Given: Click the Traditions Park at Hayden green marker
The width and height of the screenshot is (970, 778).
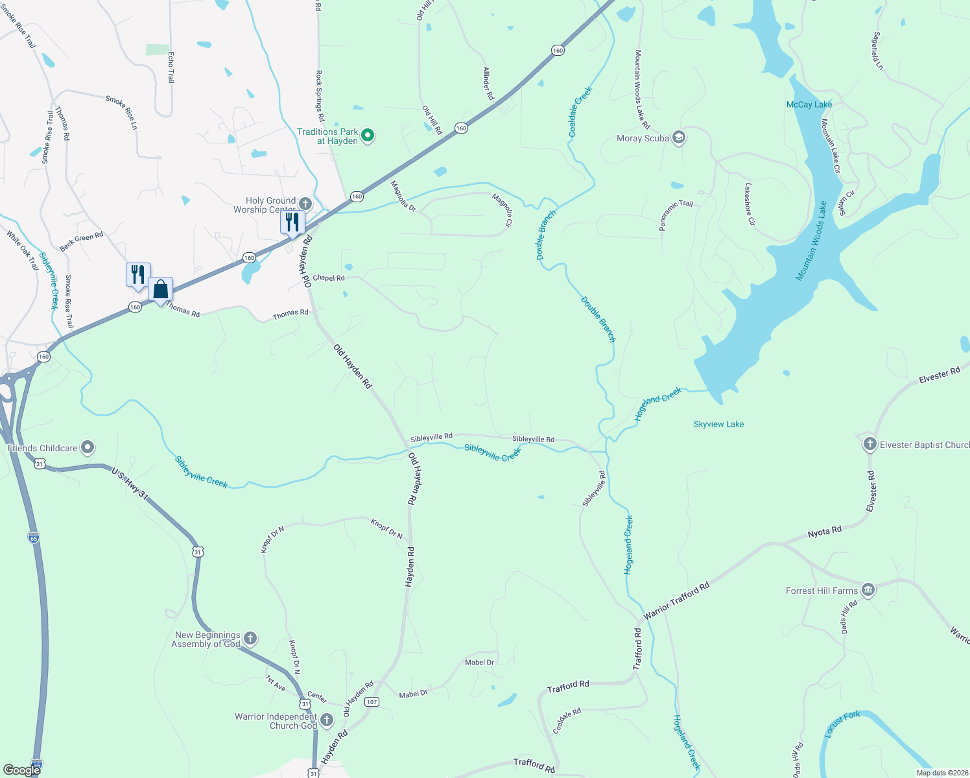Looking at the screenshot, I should point(368,136).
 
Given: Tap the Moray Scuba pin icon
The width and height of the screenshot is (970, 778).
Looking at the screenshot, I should point(679,137).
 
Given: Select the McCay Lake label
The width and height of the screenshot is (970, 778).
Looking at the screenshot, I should point(809,104).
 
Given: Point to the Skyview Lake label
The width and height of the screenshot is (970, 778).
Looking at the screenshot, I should point(718,424).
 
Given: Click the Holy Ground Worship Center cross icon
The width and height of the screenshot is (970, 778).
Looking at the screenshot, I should point(305,204).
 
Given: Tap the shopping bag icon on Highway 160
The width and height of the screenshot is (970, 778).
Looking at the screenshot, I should point(161,290).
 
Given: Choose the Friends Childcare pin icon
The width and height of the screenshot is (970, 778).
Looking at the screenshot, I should point(88,447).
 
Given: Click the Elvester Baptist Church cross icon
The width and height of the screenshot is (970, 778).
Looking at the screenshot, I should point(869,444).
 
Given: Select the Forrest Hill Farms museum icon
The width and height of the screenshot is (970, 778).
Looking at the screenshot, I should point(868,590).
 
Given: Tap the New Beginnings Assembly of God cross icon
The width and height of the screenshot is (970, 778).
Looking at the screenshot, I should point(250,639).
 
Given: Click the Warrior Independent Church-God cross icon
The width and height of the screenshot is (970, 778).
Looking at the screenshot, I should point(327,720).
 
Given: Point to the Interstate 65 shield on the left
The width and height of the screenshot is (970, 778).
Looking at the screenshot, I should point(34,537).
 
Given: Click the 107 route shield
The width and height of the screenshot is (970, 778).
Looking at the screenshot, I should point(372,701).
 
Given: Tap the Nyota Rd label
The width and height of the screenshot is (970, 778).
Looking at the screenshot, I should point(824,532).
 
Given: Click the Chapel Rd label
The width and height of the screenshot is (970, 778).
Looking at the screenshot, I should point(329,277).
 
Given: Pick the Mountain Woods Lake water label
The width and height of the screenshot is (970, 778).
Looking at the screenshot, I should point(811,241).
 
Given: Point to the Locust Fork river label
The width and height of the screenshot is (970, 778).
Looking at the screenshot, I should point(842,724).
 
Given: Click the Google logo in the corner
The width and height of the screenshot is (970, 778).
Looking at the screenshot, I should point(21,770).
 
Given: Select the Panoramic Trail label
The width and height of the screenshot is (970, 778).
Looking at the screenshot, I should point(676,215).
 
